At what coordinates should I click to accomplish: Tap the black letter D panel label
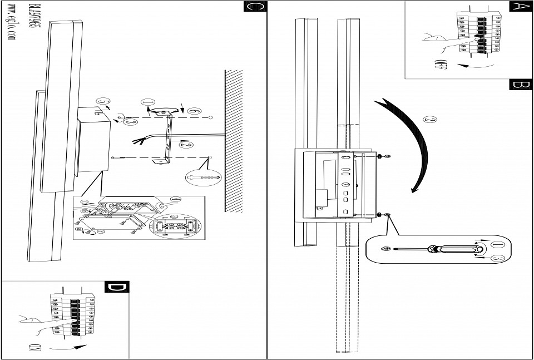pos(117,287)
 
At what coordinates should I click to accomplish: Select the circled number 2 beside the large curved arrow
pos(429,119)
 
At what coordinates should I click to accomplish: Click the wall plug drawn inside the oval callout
pos(204,176)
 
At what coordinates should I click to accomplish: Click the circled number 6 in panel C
pos(194,112)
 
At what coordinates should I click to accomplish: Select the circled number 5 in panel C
pos(101,101)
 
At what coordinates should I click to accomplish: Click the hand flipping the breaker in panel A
pos(439,39)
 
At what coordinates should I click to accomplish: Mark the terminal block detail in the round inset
pos(175,226)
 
